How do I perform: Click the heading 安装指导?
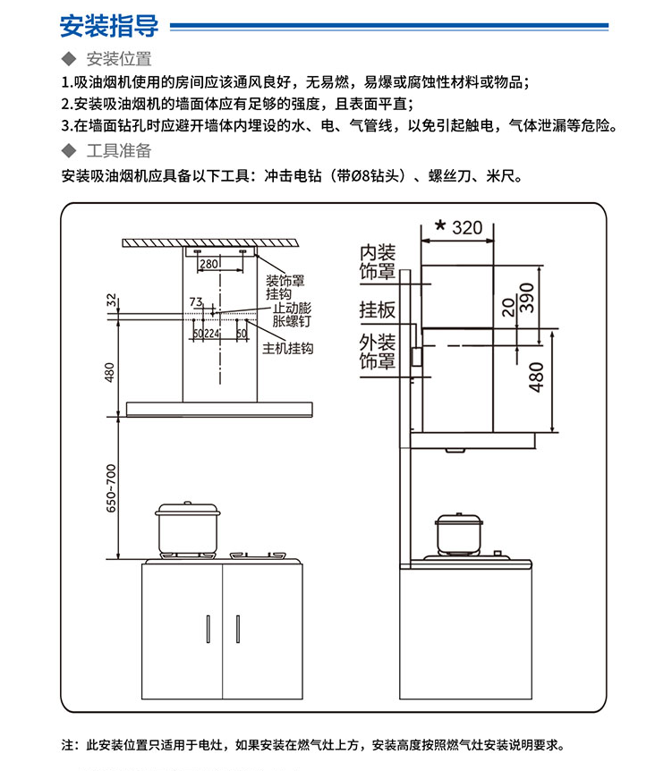(x=108, y=26)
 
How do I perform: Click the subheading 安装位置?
(x=118, y=60)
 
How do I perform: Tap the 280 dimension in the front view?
(x=208, y=264)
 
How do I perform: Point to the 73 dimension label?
(x=196, y=302)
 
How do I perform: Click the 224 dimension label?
(x=212, y=334)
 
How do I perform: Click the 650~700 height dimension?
(x=111, y=488)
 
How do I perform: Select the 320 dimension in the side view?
(x=466, y=227)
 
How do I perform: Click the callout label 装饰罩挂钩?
(x=285, y=287)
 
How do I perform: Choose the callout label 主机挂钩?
(x=287, y=348)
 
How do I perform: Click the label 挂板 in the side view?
(x=377, y=309)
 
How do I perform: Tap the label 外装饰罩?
(x=377, y=352)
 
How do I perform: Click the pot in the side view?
(x=457, y=534)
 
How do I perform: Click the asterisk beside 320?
(x=439, y=226)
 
